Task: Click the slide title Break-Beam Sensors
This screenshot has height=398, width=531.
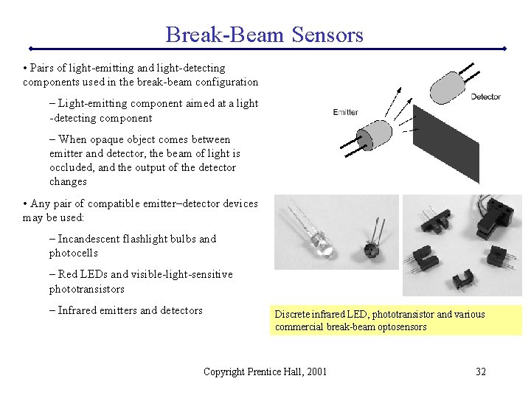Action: [264, 35]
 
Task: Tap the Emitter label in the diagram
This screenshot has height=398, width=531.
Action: [345, 112]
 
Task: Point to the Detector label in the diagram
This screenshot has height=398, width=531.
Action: [485, 97]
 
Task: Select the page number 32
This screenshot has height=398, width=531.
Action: [480, 371]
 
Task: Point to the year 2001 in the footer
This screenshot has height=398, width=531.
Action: [315, 371]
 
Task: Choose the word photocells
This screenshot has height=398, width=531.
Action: [74, 253]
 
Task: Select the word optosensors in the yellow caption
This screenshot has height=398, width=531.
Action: [401, 327]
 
